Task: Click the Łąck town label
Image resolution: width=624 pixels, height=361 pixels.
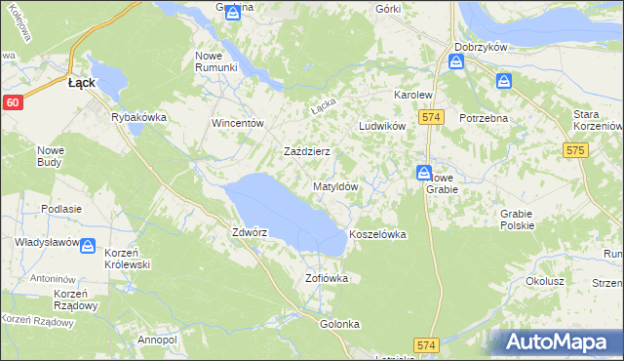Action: click(x=81, y=83)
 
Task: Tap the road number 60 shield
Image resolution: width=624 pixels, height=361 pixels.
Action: click(x=12, y=101)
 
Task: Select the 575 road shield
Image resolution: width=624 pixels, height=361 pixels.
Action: click(x=574, y=150)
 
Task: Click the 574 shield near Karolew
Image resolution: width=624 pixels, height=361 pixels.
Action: click(x=433, y=117)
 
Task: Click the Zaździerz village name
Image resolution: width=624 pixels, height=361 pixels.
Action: click(x=306, y=152)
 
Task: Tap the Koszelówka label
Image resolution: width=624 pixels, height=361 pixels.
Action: click(x=377, y=235)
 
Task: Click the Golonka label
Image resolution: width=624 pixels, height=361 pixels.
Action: click(x=340, y=323)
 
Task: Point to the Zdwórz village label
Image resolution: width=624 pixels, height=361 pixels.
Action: click(x=250, y=233)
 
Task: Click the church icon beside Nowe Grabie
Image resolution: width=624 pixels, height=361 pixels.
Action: click(x=424, y=173)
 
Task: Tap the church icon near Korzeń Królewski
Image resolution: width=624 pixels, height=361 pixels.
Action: click(x=88, y=247)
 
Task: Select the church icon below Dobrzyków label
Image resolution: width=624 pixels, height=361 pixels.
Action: click(x=456, y=62)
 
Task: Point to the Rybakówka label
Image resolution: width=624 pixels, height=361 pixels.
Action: click(x=139, y=117)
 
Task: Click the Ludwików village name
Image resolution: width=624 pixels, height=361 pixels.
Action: click(x=381, y=127)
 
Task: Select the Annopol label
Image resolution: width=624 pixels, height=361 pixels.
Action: click(x=157, y=340)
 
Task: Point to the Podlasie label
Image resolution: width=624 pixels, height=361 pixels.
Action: click(x=60, y=209)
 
